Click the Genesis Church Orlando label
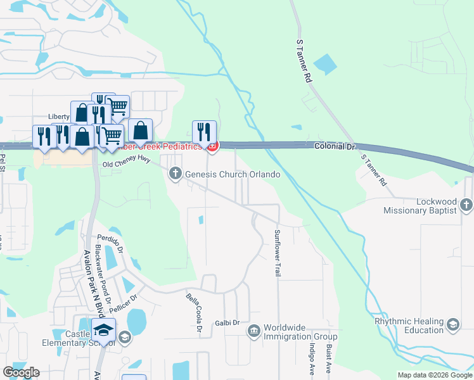click(233, 174)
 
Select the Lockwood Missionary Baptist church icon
click(466, 205)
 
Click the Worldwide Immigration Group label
click(300, 332)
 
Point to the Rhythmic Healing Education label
click(417, 326)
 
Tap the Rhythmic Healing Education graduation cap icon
click(453, 325)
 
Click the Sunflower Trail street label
click(278, 253)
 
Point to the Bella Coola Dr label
click(194, 313)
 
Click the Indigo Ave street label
click(312, 358)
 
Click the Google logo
click(21, 372)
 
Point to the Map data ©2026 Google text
click(435, 375)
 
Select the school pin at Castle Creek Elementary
click(104, 330)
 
